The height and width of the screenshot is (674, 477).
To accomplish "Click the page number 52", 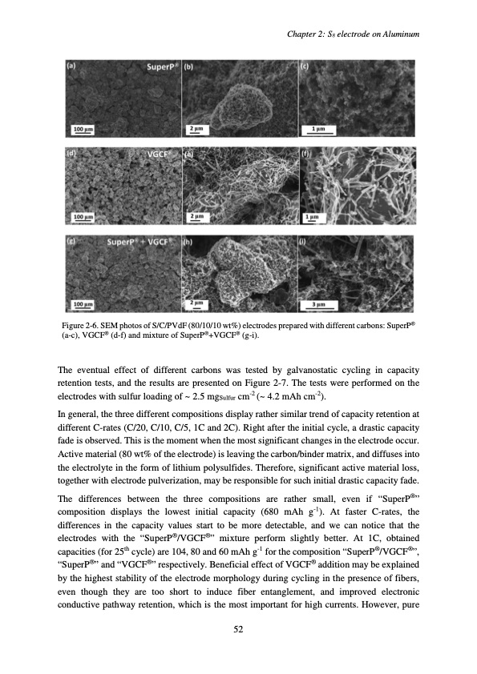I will (x=238, y=630).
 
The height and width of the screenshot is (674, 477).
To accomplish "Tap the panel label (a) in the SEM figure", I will (x=71, y=66).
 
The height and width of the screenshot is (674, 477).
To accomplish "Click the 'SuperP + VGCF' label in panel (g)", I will (x=143, y=240).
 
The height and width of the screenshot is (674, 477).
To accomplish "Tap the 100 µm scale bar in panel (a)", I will (x=82, y=128).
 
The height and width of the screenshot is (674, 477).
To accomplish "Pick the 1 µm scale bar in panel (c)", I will (x=318, y=128).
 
